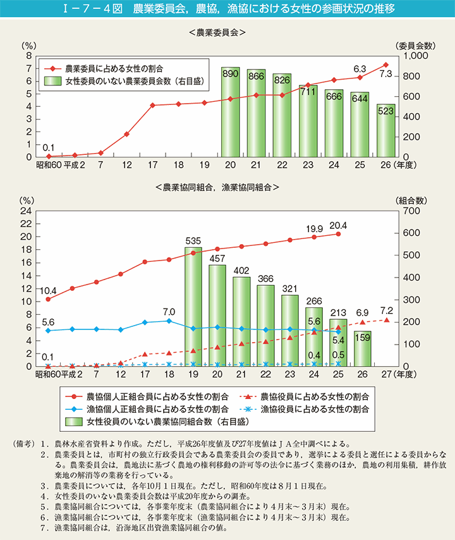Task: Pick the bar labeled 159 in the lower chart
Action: click(x=362, y=348)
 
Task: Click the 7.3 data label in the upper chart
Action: click(x=385, y=75)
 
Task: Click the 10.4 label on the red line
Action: click(x=47, y=290)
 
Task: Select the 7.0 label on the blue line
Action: click(x=167, y=312)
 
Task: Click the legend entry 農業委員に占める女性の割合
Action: click(x=116, y=67)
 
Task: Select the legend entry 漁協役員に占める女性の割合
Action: click(x=312, y=408)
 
